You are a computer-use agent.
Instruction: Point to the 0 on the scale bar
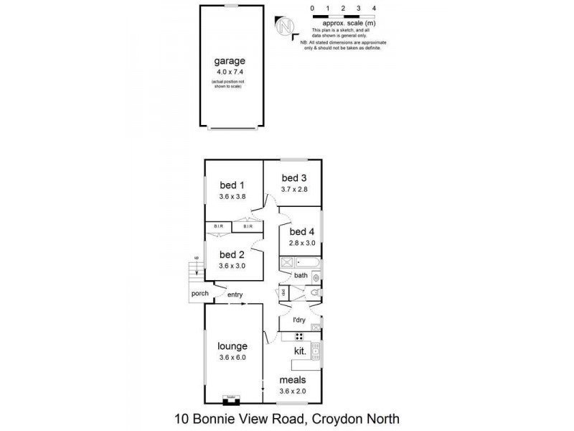pos(312,8)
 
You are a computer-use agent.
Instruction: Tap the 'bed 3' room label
pos(293,178)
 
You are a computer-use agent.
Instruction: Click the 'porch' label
pos(199,294)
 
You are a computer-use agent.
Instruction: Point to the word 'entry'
pos(235,295)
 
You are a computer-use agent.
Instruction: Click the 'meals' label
pos(293,380)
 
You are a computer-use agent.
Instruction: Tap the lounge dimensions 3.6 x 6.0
pos(233,357)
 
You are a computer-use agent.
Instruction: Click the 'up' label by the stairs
pos(195,258)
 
